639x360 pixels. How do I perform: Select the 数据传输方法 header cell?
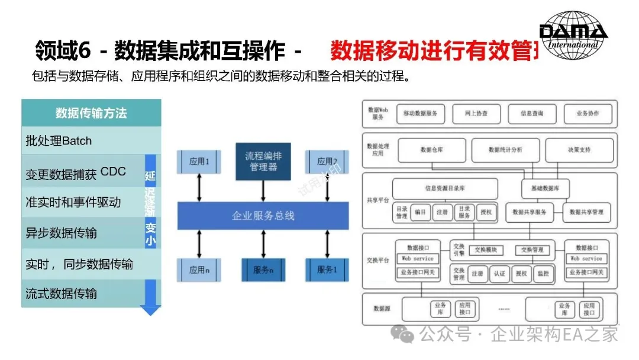(x=91, y=112)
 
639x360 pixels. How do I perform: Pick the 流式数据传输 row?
(x=83, y=294)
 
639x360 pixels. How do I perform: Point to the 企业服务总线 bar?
(x=263, y=216)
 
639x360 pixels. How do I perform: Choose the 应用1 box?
(x=199, y=162)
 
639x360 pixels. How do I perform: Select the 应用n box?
(x=199, y=270)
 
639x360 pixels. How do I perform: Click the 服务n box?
(x=263, y=270)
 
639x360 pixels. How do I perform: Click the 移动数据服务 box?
(x=420, y=114)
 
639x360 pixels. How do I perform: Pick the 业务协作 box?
(x=588, y=114)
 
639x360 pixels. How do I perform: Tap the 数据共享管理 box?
(x=585, y=211)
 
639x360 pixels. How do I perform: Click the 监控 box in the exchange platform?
(x=543, y=274)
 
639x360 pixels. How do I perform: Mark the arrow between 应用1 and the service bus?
(x=199, y=188)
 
